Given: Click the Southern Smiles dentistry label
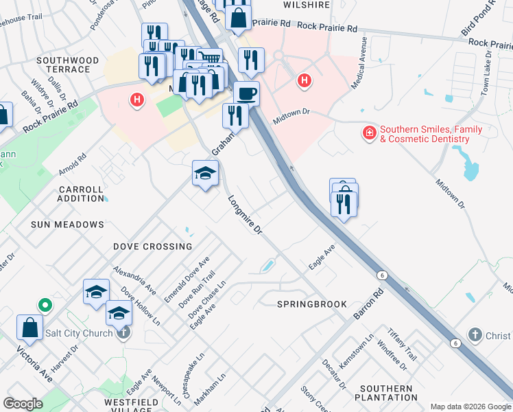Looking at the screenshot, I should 431,134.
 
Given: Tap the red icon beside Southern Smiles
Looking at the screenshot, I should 369,133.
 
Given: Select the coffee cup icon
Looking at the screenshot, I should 246,93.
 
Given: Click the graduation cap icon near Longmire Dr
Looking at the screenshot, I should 205,174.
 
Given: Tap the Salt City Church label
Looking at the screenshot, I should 79,334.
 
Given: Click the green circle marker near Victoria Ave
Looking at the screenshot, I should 45,304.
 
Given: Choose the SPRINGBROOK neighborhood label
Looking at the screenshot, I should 312,304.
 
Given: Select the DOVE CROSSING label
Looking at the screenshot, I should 152,247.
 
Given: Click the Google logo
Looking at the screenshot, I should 23,404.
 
